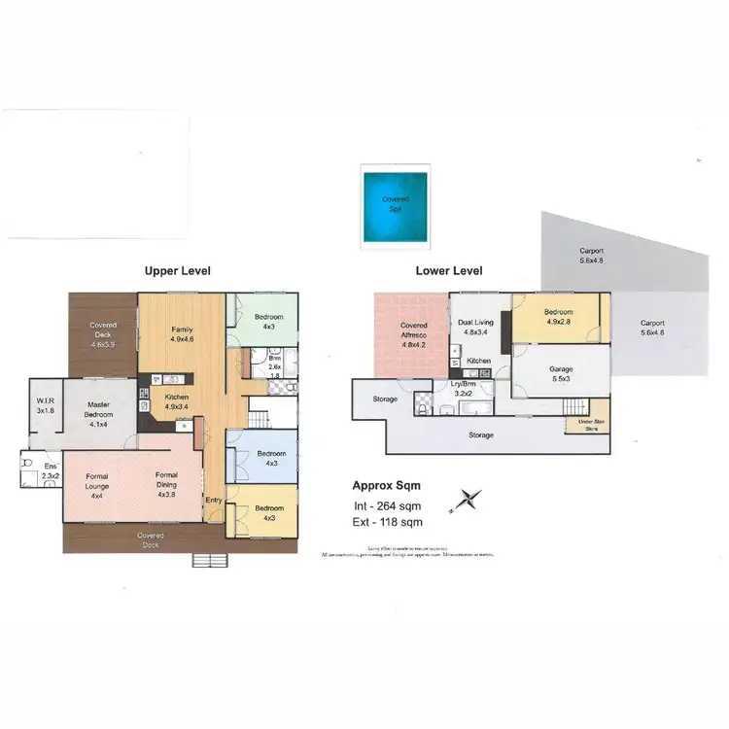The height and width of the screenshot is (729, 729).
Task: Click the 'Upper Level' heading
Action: (x=177, y=271)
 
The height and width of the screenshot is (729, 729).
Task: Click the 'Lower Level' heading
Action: (x=449, y=271)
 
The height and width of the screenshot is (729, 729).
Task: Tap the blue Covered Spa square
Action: (x=397, y=204)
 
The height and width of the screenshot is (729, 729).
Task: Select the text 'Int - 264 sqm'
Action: (x=386, y=505)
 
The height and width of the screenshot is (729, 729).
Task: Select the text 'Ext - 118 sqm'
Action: (x=386, y=522)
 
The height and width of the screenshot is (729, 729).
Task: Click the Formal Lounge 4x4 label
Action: (x=97, y=483)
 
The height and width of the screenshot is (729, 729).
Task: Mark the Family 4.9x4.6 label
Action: (x=182, y=334)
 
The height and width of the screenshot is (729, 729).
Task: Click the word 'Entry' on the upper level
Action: (x=213, y=501)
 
